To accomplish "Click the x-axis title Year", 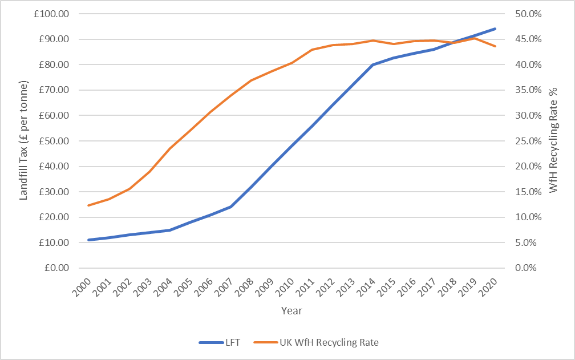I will (x=291, y=311).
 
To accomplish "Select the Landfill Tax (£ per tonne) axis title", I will (x=25, y=141).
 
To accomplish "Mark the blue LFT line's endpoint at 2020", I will (x=495, y=29).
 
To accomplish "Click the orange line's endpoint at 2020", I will (x=495, y=46).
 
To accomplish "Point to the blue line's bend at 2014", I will (x=373, y=64).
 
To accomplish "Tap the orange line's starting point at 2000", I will (x=88, y=205).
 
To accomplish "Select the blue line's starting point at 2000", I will (x=88, y=240).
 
